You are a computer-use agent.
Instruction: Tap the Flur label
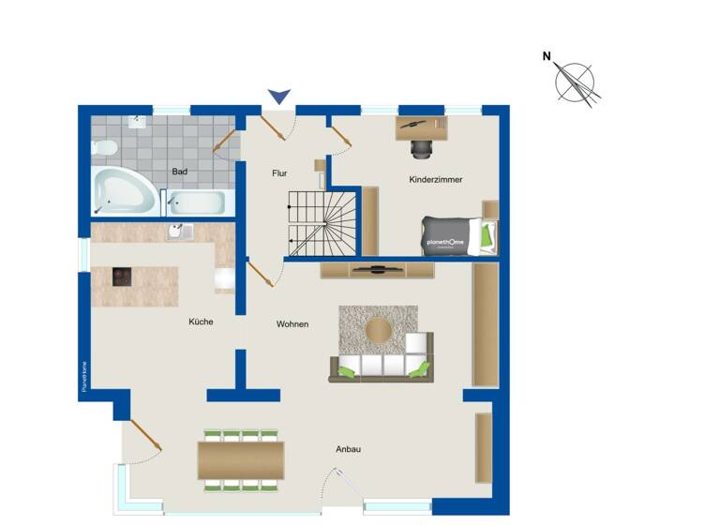point(279,172)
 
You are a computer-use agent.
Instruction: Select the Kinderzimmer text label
point(435,179)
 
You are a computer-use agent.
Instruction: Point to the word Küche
point(201,322)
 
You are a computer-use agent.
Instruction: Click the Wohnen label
point(292,324)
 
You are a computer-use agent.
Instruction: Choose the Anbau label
point(349,449)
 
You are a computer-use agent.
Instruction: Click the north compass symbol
point(576,81)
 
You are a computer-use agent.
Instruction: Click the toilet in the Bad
point(104,148)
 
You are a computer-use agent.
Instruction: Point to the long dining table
point(241,459)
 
